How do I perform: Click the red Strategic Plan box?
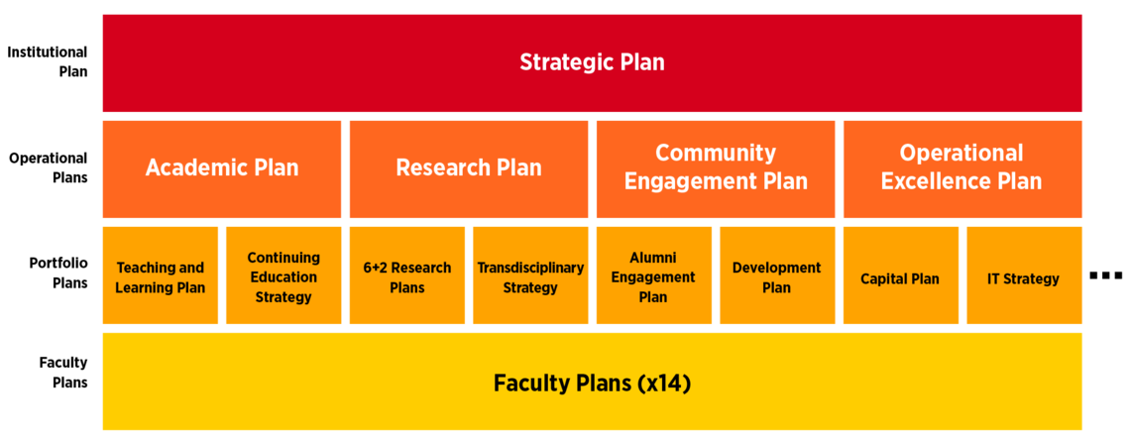point(592,62)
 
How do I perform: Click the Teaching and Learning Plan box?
point(161,277)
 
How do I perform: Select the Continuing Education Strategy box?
point(283,277)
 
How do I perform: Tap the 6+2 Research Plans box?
point(407,277)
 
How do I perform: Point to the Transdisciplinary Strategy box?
point(530,277)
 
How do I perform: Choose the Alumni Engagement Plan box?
point(653,277)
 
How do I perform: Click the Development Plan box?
point(777,277)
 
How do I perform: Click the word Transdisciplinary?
point(530,268)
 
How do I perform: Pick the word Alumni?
point(653,259)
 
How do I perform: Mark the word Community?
point(715,154)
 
